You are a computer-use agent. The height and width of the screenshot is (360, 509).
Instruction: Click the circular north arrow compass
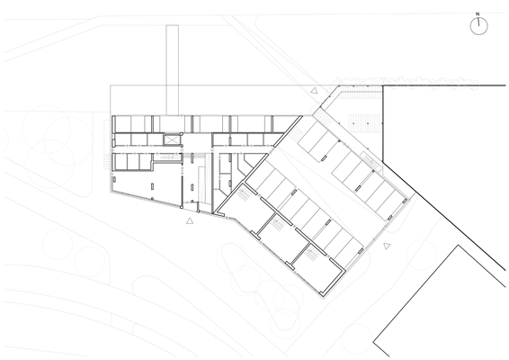coord(478,26)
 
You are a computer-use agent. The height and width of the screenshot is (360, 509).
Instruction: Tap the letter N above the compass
coord(478,14)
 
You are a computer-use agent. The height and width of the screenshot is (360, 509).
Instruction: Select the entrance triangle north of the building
coord(314,91)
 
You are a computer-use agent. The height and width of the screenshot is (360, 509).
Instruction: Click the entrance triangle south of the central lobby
coord(190,220)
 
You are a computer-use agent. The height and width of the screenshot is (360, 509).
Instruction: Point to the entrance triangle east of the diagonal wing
coord(387,246)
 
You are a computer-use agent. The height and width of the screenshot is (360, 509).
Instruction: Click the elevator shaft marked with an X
coord(172,139)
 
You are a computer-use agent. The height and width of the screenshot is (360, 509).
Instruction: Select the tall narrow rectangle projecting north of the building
coord(172,70)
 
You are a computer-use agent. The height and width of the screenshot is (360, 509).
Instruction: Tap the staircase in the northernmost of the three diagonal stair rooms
coord(243,194)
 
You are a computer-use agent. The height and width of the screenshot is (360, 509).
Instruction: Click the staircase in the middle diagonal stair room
coord(277,224)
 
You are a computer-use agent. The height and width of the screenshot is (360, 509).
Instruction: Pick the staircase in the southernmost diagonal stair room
coord(312,252)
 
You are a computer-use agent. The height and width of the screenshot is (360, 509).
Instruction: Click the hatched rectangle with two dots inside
coord(364,123)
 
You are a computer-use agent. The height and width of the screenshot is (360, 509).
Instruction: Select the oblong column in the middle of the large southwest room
coord(152,186)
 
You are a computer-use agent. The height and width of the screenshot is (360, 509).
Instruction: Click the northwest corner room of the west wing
coord(123,124)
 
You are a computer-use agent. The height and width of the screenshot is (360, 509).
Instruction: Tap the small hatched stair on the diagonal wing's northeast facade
coord(371,160)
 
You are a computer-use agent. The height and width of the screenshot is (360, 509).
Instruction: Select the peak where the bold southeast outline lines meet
coord(458,246)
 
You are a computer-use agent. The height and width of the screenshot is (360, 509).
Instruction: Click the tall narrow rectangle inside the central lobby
coord(201,184)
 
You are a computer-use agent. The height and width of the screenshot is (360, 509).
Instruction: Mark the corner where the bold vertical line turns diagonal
coord(383,161)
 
